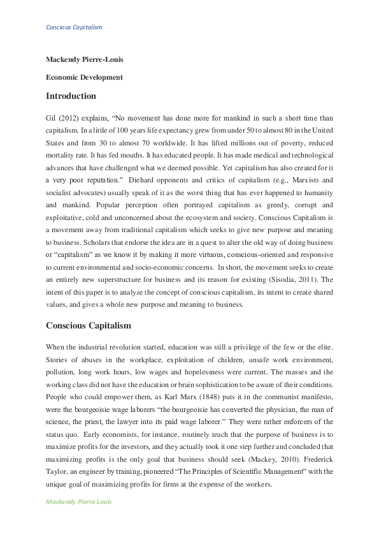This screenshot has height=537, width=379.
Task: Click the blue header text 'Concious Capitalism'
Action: coord(75,27)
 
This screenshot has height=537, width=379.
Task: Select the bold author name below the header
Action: coord(84,59)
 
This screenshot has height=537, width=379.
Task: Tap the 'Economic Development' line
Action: coord(84,77)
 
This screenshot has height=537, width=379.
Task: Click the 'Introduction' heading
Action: coord(71,96)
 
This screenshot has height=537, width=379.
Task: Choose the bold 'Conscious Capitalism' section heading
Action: coord(89,325)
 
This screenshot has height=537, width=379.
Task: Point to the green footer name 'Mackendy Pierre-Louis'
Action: coord(78,502)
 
